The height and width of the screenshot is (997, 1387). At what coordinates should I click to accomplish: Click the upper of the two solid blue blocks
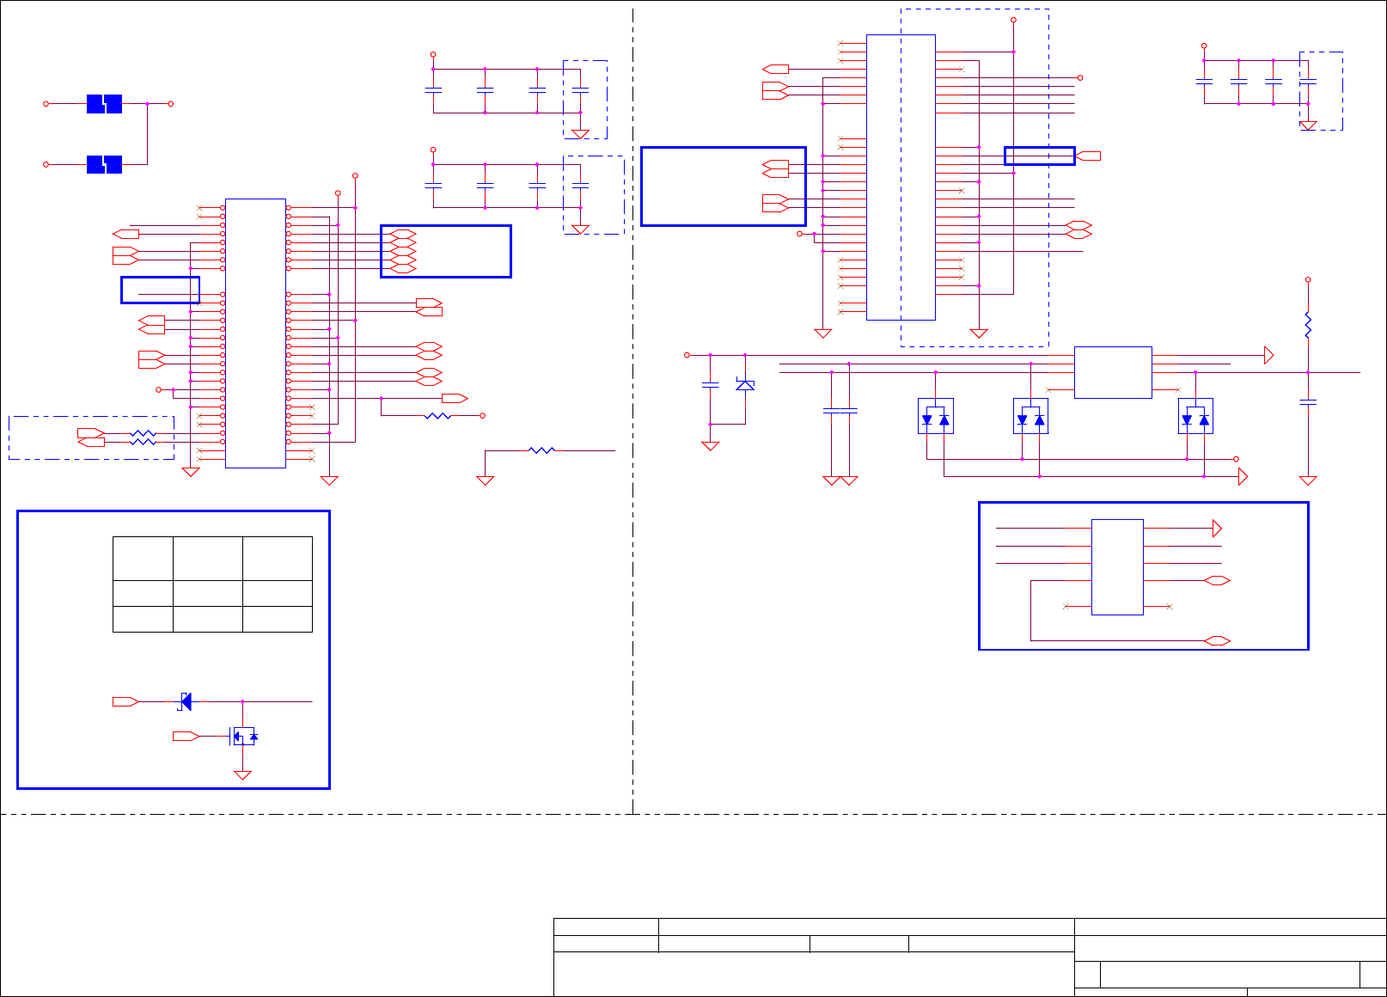coord(104,104)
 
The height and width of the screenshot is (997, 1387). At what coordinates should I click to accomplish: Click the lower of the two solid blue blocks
coord(104,164)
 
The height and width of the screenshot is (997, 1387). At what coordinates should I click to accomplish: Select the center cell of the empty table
coord(207,593)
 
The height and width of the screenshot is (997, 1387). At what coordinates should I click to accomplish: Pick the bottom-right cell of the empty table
coord(277,619)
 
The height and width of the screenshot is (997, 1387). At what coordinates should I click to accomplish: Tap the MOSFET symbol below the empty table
coord(243,736)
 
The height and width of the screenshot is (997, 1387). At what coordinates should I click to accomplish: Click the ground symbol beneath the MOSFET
coord(243,774)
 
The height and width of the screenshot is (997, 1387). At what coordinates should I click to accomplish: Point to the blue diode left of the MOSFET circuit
coord(185,701)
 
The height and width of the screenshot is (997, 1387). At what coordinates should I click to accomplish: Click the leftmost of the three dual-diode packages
coord(935,416)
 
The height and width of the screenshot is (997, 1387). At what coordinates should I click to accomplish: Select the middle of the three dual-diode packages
coord(1030,416)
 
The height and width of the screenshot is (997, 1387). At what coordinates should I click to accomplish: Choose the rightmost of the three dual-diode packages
coord(1195,416)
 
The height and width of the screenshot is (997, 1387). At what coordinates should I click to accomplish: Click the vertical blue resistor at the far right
coord(1308,326)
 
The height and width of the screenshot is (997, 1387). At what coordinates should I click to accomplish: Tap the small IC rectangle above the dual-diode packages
coord(1113,372)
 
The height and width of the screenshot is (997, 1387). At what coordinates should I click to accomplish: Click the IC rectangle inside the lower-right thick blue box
coord(1117,567)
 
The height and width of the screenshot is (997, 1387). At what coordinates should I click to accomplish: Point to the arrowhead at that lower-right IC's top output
coord(1217,528)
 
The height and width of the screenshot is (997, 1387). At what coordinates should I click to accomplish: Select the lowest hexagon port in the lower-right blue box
coord(1217,640)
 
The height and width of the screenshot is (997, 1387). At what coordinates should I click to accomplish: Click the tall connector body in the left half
coord(255,333)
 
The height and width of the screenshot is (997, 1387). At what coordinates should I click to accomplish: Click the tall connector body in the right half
coord(901,177)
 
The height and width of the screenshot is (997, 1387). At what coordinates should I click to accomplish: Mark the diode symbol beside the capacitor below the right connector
coord(745,385)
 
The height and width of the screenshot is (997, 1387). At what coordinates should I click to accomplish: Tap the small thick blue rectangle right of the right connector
coord(1040,156)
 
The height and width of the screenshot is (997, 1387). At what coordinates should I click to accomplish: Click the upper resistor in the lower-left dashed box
coord(143,433)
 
